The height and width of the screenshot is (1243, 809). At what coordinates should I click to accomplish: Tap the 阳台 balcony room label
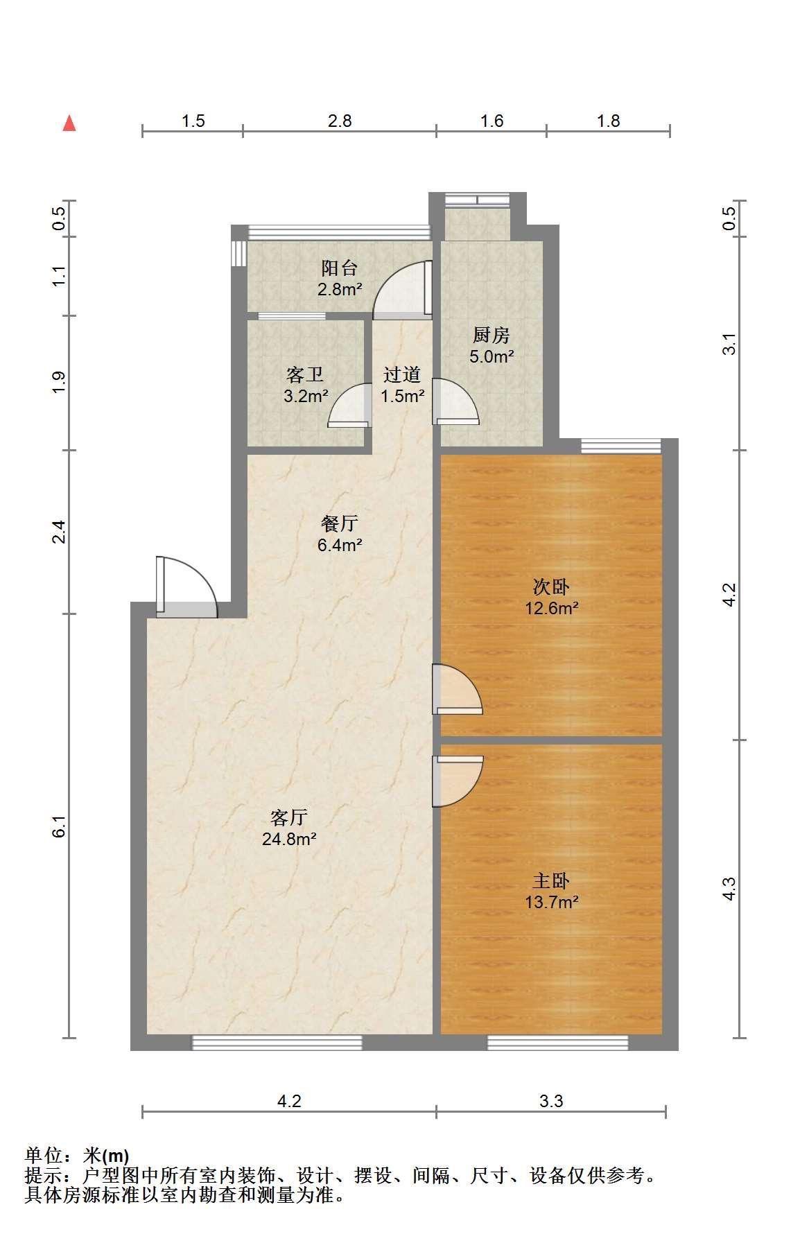tap(340, 268)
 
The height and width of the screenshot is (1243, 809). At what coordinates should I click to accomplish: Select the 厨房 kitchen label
tap(492, 336)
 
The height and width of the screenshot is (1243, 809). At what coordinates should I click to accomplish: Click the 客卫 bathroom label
tap(305, 375)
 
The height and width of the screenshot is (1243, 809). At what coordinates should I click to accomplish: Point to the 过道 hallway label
tap(403, 375)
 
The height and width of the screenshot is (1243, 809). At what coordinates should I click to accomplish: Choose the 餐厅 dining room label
tap(340, 523)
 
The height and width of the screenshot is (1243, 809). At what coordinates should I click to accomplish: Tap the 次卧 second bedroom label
tap(551, 587)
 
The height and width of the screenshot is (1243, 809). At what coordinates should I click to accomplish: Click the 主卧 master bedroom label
tap(551, 881)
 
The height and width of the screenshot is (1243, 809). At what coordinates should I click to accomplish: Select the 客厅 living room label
tap(289, 818)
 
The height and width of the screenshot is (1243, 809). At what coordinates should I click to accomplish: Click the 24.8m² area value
tap(289, 840)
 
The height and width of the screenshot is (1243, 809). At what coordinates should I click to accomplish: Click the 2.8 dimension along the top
tap(340, 121)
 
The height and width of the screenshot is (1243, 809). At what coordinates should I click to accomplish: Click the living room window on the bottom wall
tap(277, 1043)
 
